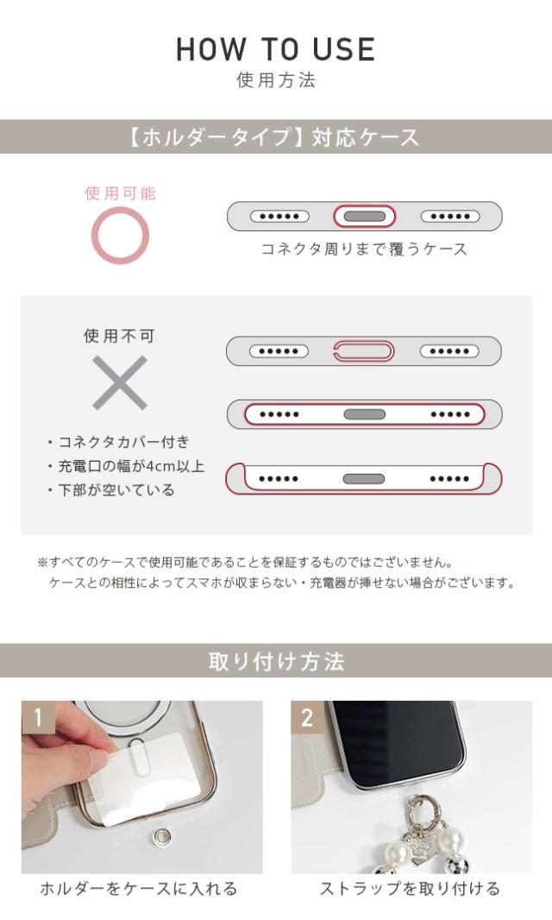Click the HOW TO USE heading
pos(276,49)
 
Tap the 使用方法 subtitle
pos(276,81)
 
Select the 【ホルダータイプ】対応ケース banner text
pos(276,137)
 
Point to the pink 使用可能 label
pos(120,193)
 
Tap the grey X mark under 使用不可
pos(120,382)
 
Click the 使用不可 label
pos(120,336)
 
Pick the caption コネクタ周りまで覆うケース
pos(364,249)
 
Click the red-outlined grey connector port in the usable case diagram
pos(364,216)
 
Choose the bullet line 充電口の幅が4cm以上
pos(126,466)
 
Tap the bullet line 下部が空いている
pos(111,490)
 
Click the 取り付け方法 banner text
pos(276,662)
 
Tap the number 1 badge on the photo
pos(37,716)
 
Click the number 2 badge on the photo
pos(307,716)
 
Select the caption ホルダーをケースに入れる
pos(139,888)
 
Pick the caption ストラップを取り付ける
pos(410,888)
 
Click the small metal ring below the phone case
pos(160,835)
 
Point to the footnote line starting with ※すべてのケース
pos(245,562)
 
